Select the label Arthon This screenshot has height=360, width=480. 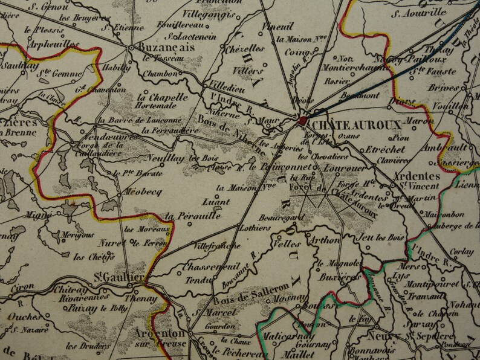[323, 240]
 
